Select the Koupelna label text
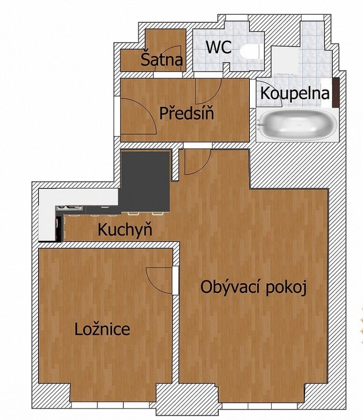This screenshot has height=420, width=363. pyautogui.click(x=295, y=94)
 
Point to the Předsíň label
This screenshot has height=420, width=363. pyautogui.click(x=187, y=113)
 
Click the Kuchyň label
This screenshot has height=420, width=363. pyautogui.click(x=125, y=229)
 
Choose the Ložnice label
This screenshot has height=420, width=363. pyautogui.click(x=102, y=329)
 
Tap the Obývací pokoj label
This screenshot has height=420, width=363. pyautogui.click(x=253, y=287)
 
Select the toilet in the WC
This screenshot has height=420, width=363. pyautogui.click(x=249, y=52)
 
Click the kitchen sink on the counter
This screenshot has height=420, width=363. pyautogui.click(x=70, y=208)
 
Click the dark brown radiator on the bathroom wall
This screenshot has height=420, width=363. pyautogui.click(x=336, y=92)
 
